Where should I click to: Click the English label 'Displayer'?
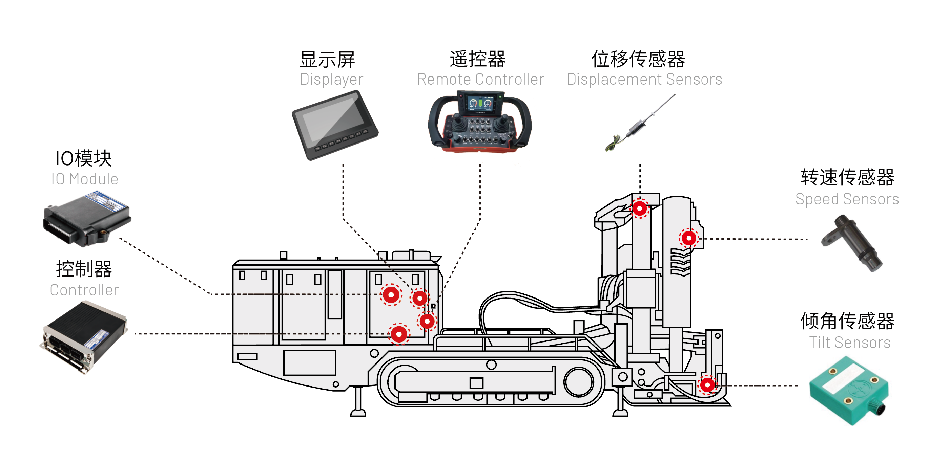click(x=331, y=79)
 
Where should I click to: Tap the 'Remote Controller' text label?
click(x=480, y=79)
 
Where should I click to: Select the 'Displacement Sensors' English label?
click(x=644, y=79)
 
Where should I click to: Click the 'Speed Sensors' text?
click(x=847, y=199)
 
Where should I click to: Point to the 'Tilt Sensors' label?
click(x=849, y=343)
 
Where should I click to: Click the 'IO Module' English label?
click(x=84, y=179)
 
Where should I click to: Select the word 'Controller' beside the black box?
click(x=84, y=290)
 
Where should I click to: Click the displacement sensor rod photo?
click(x=640, y=124)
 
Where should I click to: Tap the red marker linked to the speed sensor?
click(x=688, y=238)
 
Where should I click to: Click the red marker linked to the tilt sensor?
click(x=707, y=385)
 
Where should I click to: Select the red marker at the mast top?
click(x=639, y=209)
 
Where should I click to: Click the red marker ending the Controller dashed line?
click(x=399, y=334)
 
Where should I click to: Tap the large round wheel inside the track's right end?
click(x=578, y=382)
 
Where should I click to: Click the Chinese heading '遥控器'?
click(x=478, y=59)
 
